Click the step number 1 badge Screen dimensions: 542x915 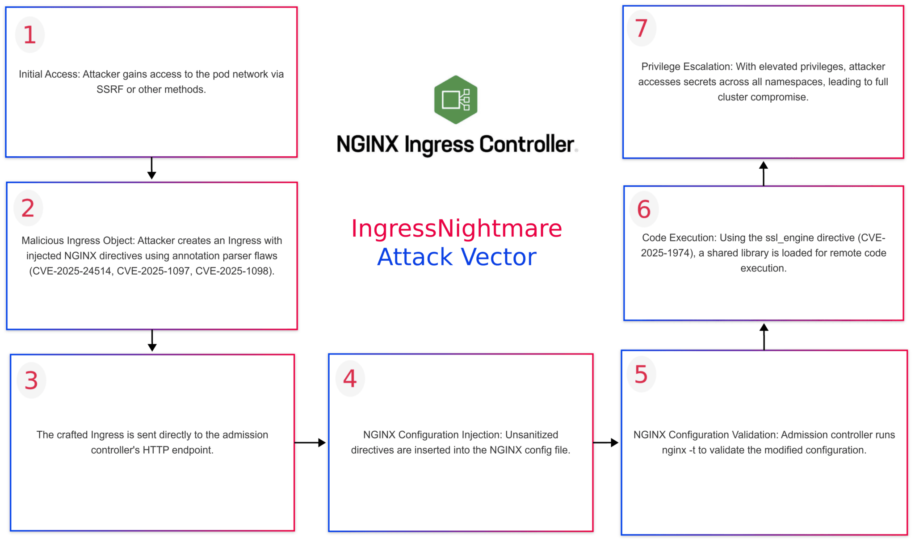tap(30, 35)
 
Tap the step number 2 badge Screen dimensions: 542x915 tap(28, 208)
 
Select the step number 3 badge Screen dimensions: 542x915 tap(31, 380)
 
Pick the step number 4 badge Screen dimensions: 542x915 tap(350, 379)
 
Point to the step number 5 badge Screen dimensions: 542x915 tap(641, 374)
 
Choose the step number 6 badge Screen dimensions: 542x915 tap(644, 209)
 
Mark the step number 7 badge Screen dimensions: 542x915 tap(642, 28)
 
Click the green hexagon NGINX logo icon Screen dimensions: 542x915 tap(456, 100)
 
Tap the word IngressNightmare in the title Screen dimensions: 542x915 tap(456, 229)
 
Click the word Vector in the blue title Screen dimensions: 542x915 tap(499, 257)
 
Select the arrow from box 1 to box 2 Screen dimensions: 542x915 tap(151, 169)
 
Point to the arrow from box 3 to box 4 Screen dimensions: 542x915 tap(310, 442)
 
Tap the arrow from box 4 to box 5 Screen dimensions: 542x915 tap(606, 442)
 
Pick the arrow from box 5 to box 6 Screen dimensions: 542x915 tap(764, 336)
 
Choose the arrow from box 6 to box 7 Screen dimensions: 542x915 tap(764, 173)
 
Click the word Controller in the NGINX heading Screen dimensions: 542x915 tap(526, 145)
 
